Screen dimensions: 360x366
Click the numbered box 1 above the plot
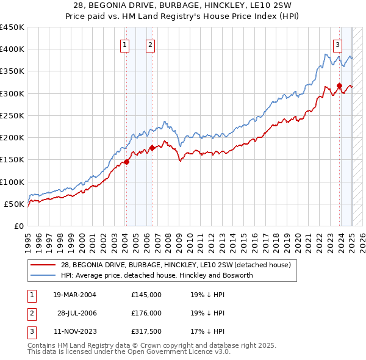[x=125, y=44]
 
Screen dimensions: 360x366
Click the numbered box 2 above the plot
[x=150, y=44]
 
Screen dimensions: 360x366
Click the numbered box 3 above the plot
[x=337, y=44]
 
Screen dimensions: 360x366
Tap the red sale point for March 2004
[x=126, y=162]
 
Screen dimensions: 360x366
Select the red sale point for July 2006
[x=152, y=148]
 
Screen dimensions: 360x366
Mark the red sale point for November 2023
[x=339, y=85]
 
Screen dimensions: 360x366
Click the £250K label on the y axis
[x=12, y=115]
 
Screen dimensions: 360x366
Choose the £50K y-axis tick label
[x=14, y=204]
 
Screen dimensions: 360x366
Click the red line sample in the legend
[x=43, y=265]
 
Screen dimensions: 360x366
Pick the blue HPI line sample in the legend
[x=43, y=275]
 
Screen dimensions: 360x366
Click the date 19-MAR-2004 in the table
[x=74, y=294]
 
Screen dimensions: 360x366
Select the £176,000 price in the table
[x=146, y=313]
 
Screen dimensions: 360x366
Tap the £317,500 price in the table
[x=146, y=332]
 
